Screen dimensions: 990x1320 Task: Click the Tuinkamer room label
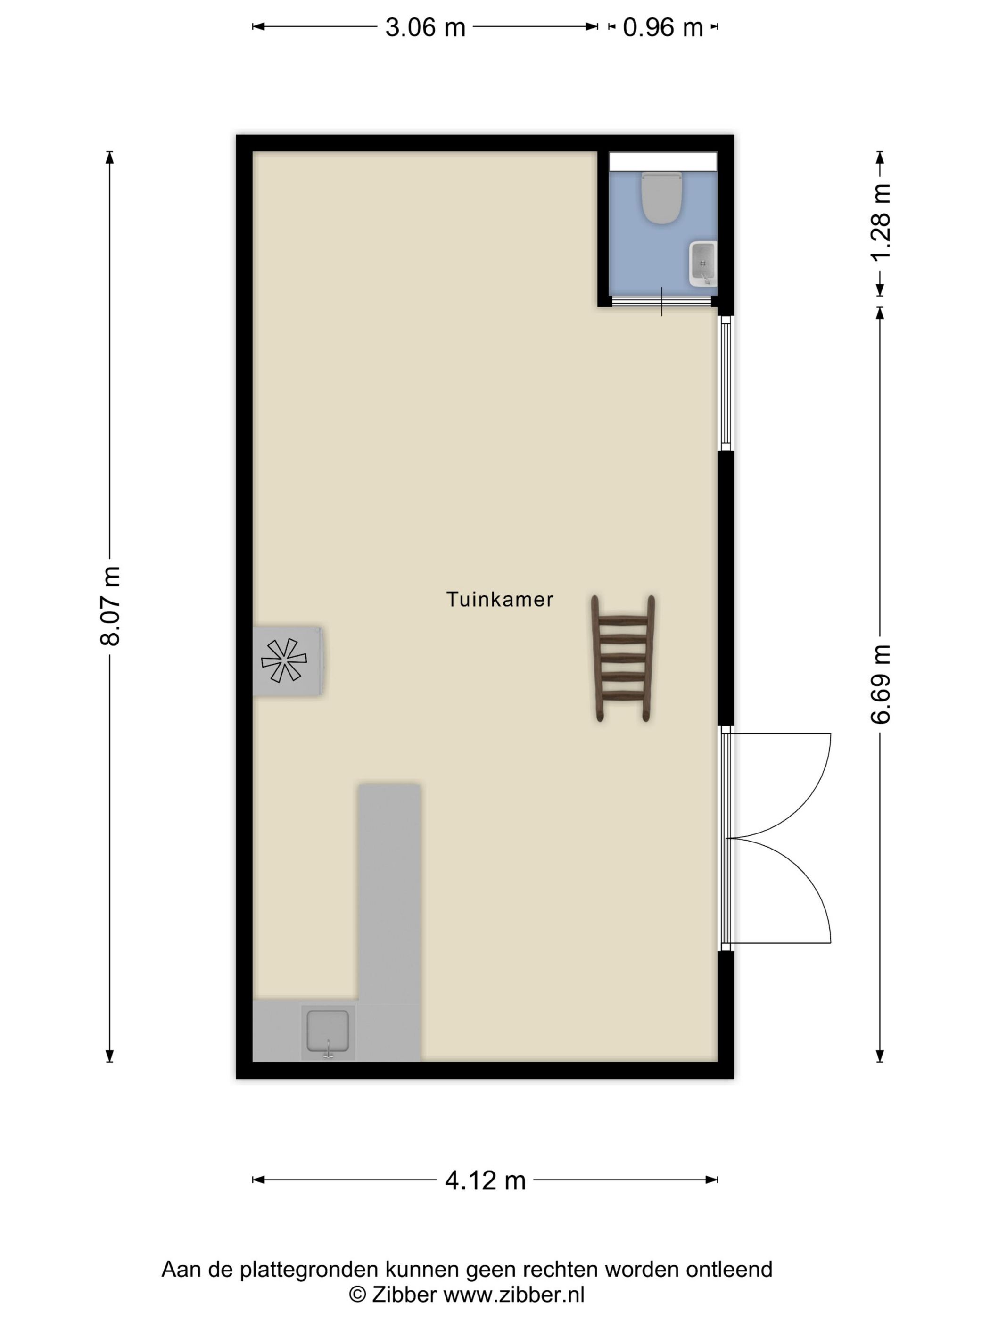499,599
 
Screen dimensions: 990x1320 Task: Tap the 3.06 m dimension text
425,27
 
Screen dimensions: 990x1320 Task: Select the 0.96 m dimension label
662,27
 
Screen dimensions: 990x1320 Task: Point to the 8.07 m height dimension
110,606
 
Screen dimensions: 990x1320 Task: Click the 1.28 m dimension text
880,222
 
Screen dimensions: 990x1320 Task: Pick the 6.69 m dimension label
880,685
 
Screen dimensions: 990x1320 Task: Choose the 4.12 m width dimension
485,1180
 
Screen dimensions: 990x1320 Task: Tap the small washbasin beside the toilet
702,263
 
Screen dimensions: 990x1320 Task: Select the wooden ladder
623,658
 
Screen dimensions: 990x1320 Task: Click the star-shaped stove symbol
284,660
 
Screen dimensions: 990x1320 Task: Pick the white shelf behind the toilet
662,161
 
